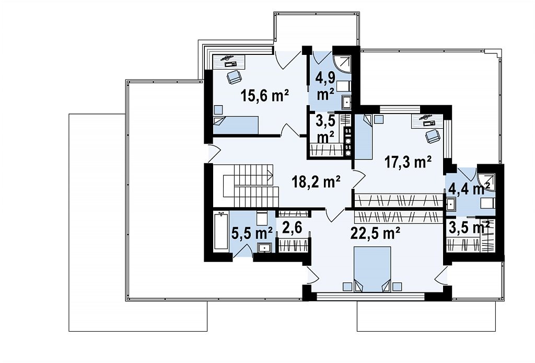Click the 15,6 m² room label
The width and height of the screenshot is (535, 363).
pos(265,96)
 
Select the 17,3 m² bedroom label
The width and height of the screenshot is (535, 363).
pos(408,162)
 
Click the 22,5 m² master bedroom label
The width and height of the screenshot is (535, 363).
pos(375,234)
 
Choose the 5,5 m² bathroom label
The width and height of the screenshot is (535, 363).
pos(252,234)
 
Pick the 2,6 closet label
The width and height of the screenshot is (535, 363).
pos(292,228)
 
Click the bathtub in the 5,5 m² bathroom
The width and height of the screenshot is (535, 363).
pos(221,232)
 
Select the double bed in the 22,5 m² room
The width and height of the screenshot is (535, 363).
pos(372,269)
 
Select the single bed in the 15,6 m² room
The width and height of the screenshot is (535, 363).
pos(236,125)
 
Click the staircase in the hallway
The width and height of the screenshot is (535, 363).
pos(248,186)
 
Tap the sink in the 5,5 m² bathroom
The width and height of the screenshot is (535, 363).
pos(264,247)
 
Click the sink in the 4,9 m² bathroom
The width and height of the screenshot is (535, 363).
pos(347,102)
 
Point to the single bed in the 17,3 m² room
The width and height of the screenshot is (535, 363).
pos(364,137)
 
